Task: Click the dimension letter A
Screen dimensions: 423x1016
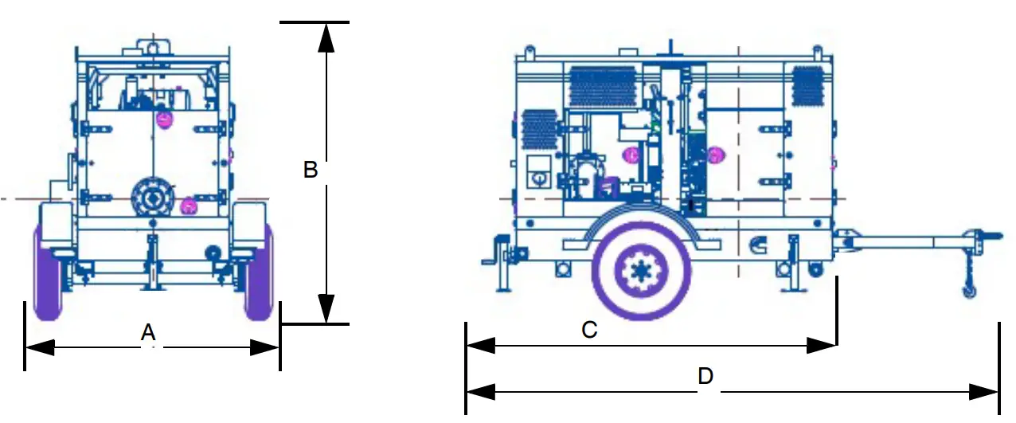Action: click(x=147, y=332)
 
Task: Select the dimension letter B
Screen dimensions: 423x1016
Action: click(x=311, y=170)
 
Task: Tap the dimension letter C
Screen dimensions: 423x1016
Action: click(x=589, y=330)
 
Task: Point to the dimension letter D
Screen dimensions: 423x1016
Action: click(x=705, y=376)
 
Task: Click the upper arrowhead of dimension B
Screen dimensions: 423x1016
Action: click(x=326, y=37)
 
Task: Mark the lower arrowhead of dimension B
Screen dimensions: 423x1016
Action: click(x=326, y=309)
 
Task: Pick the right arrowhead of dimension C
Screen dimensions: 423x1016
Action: click(x=822, y=345)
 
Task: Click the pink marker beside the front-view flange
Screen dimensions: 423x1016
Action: click(x=189, y=207)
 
